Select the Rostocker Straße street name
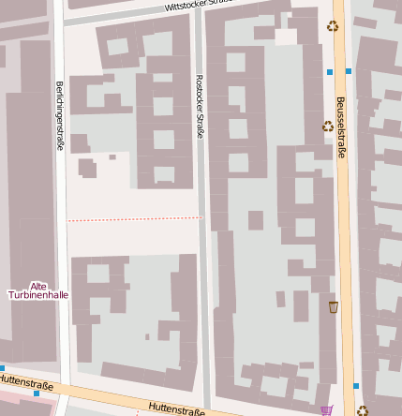click(200, 106)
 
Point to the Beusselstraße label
click(341, 126)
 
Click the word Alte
click(38, 286)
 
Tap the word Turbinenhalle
click(38, 295)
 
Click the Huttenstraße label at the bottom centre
click(176, 409)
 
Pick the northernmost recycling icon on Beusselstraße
click(333, 26)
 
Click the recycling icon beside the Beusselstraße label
click(328, 126)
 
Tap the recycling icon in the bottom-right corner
click(362, 409)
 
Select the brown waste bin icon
click(333, 306)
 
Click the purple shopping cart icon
click(326, 409)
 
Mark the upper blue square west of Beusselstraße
click(330, 71)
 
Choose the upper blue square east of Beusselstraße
click(349, 71)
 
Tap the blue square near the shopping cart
click(356, 385)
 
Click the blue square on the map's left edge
click(2, 368)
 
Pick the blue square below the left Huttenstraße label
click(37, 394)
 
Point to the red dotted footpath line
click(134, 219)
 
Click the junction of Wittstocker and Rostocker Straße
click(200, 11)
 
